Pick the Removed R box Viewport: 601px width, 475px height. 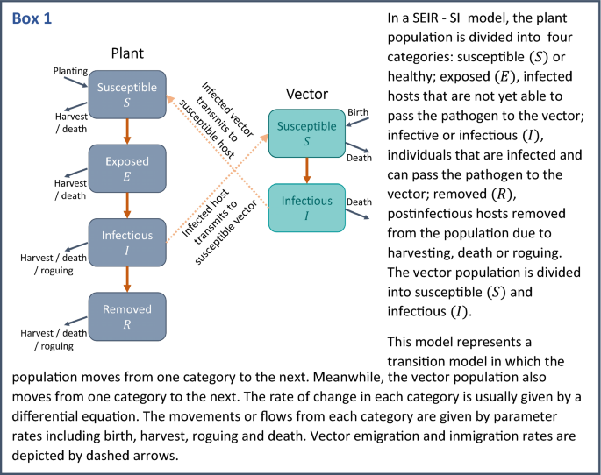click(127, 316)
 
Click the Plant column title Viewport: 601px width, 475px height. click(127, 53)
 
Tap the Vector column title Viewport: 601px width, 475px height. click(307, 93)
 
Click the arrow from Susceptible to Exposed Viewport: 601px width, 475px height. click(127, 131)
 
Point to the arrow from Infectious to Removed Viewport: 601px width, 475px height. click(127, 280)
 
